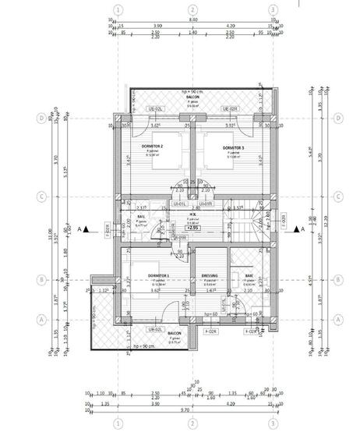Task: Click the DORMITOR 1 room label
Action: click(x=159, y=275)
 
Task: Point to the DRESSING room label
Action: click(x=209, y=275)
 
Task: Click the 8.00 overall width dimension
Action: click(x=193, y=19)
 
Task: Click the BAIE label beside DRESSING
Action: click(x=248, y=275)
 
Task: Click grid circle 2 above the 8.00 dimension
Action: click(x=193, y=9)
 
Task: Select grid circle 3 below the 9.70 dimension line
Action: click(x=273, y=423)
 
